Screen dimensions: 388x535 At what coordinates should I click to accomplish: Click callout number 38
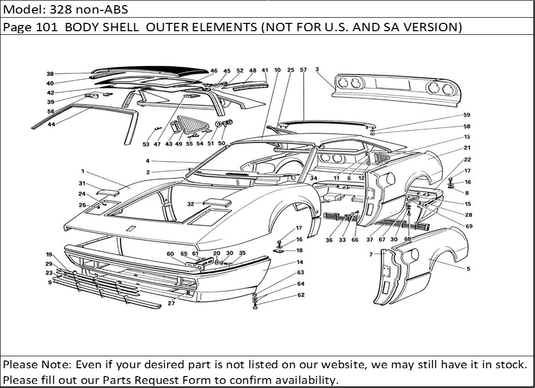coord(50,74)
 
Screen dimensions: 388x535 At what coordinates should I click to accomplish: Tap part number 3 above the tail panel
coord(317,69)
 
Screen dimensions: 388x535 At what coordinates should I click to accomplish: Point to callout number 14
coord(300,262)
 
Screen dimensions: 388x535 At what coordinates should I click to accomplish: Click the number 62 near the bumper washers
coord(301,295)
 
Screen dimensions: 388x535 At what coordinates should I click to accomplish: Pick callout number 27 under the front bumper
coord(171,303)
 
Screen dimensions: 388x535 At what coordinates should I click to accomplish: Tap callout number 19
coord(49,254)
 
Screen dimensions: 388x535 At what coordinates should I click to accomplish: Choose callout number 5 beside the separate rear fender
coord(468,269)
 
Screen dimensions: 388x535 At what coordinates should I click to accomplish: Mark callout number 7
coord(371,254)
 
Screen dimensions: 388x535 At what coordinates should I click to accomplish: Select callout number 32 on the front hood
coord(191,204)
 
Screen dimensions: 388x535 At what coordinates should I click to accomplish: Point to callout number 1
coord(82,171)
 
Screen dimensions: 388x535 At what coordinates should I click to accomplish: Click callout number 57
coord(303,69)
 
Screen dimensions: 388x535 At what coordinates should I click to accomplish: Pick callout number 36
coord(329,240)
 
